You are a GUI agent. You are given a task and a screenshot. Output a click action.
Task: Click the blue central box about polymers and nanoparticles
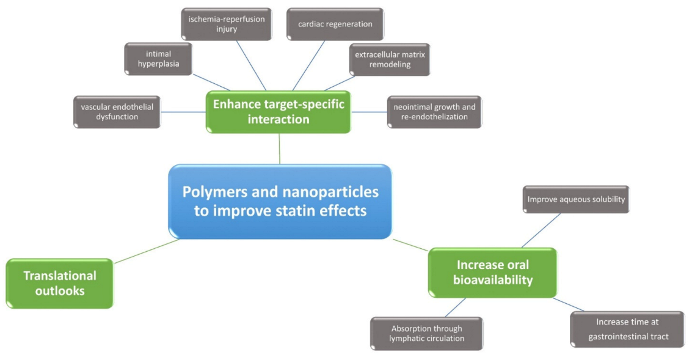(x=280, y=201)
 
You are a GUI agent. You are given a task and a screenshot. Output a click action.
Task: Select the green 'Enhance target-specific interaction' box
(x=279, y=111)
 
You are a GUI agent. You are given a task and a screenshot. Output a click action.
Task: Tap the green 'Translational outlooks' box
(x=59, y=283)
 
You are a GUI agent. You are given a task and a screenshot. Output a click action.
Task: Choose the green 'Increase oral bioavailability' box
(x=492, y=273)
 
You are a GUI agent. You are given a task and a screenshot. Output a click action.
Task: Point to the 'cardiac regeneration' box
(x=335, y=24)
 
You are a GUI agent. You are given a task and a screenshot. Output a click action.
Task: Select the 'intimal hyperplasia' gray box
(x=158, y=59)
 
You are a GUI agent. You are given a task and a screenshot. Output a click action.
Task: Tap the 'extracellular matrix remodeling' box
(x=390, y=59)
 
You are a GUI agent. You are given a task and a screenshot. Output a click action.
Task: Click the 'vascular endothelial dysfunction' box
(x=117, y=112)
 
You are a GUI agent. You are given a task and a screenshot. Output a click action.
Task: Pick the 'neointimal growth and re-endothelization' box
(x=434, y=112)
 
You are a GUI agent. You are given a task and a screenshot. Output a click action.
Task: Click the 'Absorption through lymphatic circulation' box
(x=426, y=333)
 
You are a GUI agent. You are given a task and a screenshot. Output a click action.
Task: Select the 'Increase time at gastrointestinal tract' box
(x=627, y=329)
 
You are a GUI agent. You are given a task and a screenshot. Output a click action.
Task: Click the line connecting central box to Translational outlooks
(x=147, y=251)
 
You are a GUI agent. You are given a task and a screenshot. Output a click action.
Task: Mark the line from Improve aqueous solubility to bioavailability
(x=541, y=230)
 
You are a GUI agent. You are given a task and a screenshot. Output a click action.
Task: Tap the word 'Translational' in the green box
(x=60, y=275)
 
